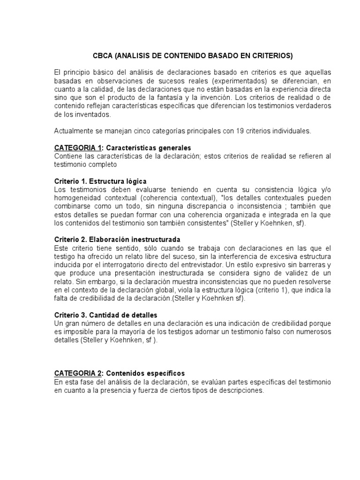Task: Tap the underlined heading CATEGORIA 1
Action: [78, 148]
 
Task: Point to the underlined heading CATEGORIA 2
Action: [78, 373]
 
